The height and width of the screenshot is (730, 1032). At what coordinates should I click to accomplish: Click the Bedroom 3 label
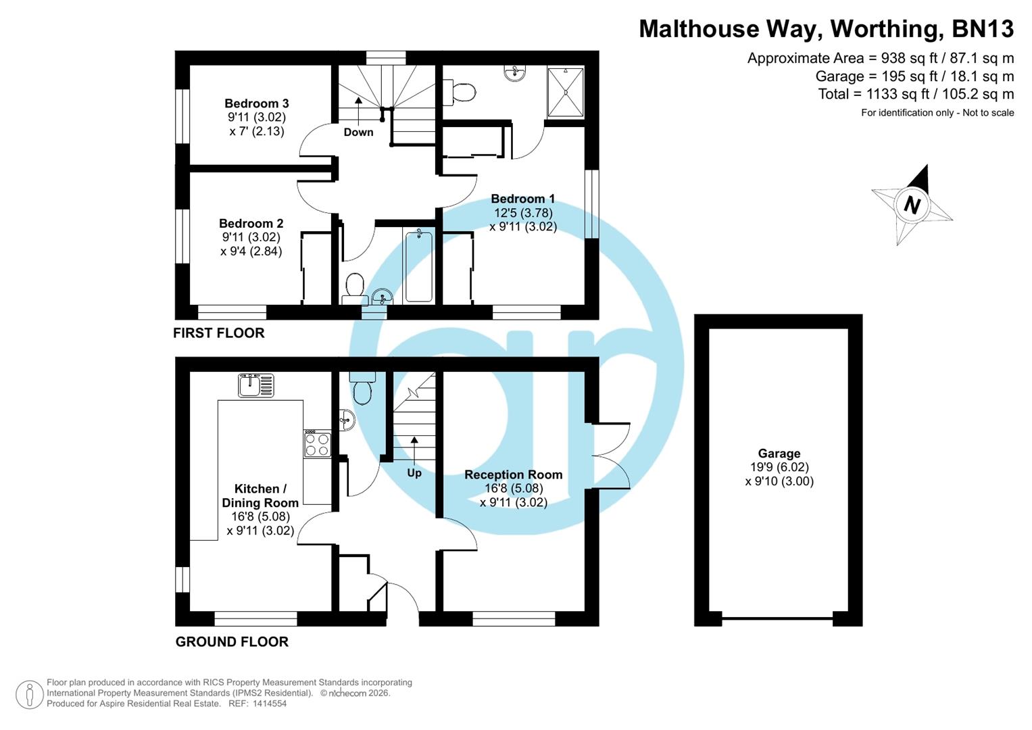coord(257,103)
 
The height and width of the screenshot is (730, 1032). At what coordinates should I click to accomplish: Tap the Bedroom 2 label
coord(251,223)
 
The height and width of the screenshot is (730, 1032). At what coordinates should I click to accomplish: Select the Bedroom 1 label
coord(522,199)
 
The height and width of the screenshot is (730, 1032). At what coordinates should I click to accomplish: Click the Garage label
coord(779,454)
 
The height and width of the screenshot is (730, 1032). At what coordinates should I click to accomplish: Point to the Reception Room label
coord(513,474)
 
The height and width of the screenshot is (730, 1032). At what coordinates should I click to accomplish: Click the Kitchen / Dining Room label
coord(260,495)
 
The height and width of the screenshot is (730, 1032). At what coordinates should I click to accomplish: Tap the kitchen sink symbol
coord(256,385)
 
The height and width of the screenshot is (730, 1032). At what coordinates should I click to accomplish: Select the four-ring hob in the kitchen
coord(316,444)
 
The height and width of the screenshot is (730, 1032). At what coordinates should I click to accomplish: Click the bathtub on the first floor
coord(419,265)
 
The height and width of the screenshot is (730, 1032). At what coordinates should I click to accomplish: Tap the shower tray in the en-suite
coord(565,91)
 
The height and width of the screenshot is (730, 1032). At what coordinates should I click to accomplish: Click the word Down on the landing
coord(358,132)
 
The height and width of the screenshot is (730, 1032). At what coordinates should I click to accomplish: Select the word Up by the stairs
coord(414,472)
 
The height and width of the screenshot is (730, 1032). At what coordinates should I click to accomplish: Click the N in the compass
coord(912,204)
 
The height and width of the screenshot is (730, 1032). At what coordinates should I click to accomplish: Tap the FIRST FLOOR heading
coord(218,333)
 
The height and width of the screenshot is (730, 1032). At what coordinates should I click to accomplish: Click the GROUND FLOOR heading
coord(232,641)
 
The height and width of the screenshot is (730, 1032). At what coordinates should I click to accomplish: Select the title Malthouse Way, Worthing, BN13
coord(826,28)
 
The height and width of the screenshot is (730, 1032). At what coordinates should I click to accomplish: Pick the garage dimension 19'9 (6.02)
coord(779,467)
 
